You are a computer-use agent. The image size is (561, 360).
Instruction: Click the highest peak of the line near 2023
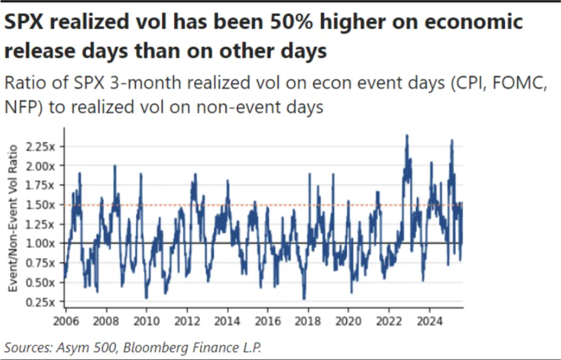[406, 135]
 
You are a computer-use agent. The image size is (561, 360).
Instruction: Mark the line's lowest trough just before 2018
[304, 299]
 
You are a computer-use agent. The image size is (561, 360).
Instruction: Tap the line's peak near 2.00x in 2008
[115, 166]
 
